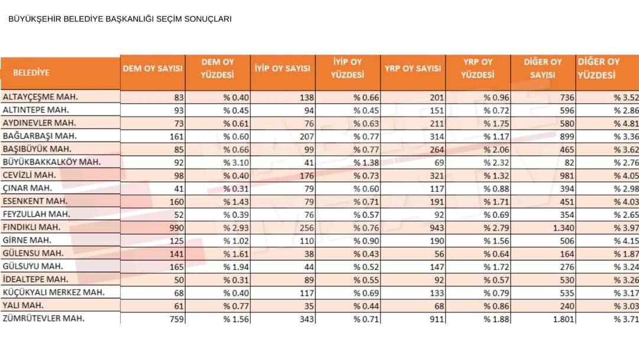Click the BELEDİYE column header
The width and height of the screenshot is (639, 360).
pyautogui.click(x=31, y=73)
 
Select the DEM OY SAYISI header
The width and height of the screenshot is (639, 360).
pyautogui.click(x=153, y=69)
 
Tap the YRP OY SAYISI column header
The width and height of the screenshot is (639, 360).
pyautogui.click(x=413, y=69)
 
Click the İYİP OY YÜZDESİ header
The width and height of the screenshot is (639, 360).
pyautogui.click(x=347, y=69)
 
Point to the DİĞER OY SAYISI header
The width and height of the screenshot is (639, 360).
pyautogui.click(x=543, y=69)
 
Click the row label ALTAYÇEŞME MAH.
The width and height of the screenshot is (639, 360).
pyautogui.click(x=40, y=97)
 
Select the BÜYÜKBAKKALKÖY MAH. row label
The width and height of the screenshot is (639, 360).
pyautogui.click(x=51, y=162)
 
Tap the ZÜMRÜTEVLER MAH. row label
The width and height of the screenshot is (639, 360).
pyautogui.click(x=44, y=319)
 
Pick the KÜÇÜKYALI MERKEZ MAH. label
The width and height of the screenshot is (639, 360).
pyautogui.click(x=54, y=292)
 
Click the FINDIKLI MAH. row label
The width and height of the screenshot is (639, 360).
pyautogui.click(x=31, y=227)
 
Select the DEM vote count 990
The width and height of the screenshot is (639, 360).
pyautogui.click(x=177, y=228)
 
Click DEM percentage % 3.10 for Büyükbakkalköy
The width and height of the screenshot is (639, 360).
pyautogui.click(x=236, y=163)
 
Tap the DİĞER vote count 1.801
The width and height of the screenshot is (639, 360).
pyautogui.click(x=563, y=319)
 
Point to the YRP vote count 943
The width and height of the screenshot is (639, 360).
pyautogui.click(x=437, y=228)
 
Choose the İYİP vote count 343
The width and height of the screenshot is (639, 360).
pyautogui.click(x=307, y=319)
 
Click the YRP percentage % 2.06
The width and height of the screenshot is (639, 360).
pyautogui.click(x=496, y=150)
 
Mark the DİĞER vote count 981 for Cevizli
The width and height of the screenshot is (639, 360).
pyautogui.click(x=567, y=176)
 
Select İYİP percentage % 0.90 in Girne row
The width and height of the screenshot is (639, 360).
pyautogui.click(x=366, y=241)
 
